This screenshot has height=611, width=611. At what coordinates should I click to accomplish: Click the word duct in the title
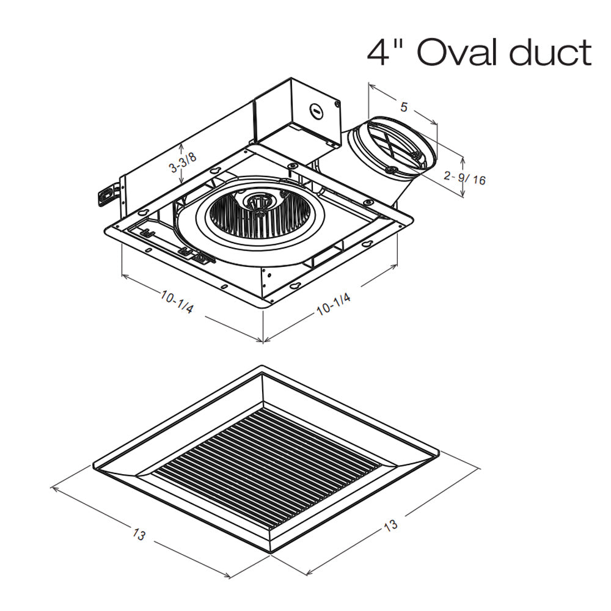tap(551, 52)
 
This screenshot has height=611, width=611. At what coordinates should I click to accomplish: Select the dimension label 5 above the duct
tap(404, 106)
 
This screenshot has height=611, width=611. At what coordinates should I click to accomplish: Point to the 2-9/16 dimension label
tap(465, 178)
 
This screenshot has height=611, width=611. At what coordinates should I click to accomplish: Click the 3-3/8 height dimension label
tap(183, 162)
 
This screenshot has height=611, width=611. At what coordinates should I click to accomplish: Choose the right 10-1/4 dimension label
tap(334, 304)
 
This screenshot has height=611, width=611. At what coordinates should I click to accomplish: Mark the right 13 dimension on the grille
tap(391, 525)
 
